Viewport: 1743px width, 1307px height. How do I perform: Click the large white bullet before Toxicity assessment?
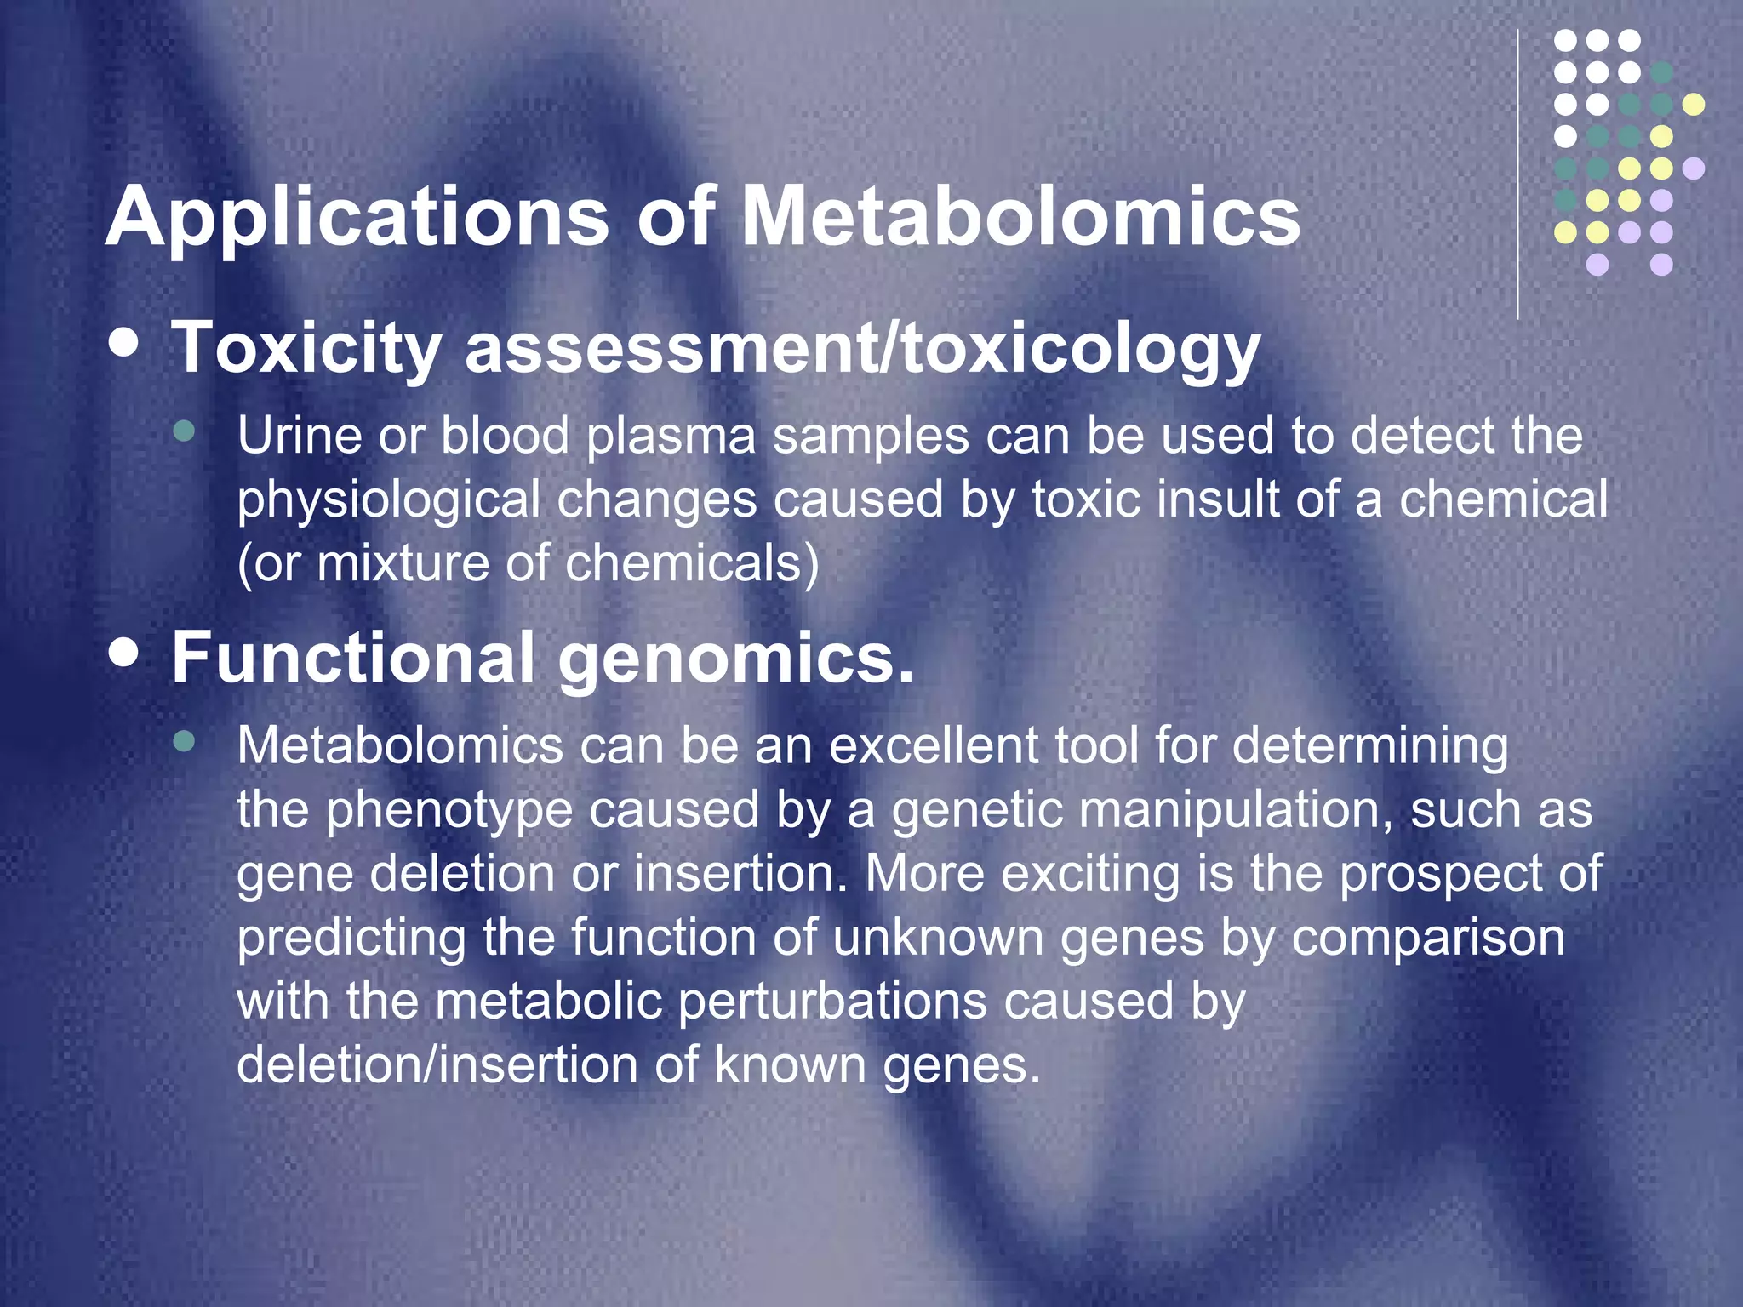[125, 342]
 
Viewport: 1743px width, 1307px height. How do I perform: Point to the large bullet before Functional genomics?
[125, 653]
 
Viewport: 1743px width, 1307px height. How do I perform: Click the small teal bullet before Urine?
[183, 431]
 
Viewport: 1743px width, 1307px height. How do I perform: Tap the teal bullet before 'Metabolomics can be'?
[183, 741]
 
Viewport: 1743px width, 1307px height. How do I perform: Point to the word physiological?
[388, 501]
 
